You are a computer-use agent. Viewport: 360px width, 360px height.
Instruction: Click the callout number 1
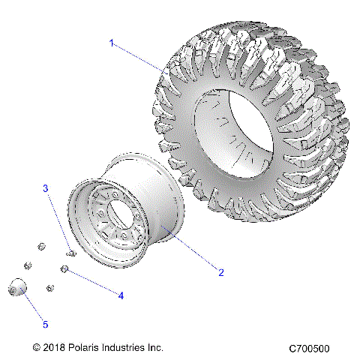point(112,43)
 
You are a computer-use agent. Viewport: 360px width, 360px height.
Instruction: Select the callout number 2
point(220,272)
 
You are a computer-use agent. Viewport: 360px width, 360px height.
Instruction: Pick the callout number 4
point(120,295)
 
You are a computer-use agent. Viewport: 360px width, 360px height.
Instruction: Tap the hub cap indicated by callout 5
point(17,289)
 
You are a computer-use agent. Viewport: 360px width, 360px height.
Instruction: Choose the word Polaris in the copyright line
point(90,348)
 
